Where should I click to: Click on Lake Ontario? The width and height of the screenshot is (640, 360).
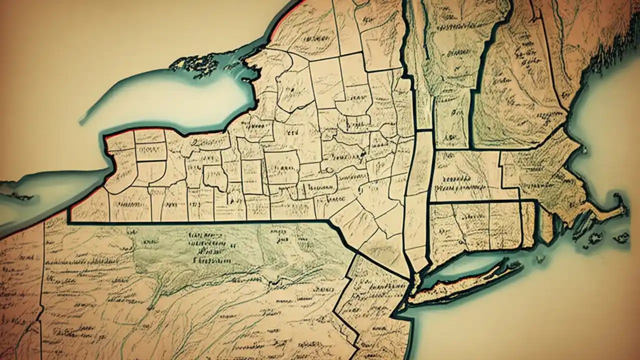click(170, 100)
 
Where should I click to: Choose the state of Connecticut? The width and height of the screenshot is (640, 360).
click(475, 225)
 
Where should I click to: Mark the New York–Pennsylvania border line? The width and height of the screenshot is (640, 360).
click(200, 221)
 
